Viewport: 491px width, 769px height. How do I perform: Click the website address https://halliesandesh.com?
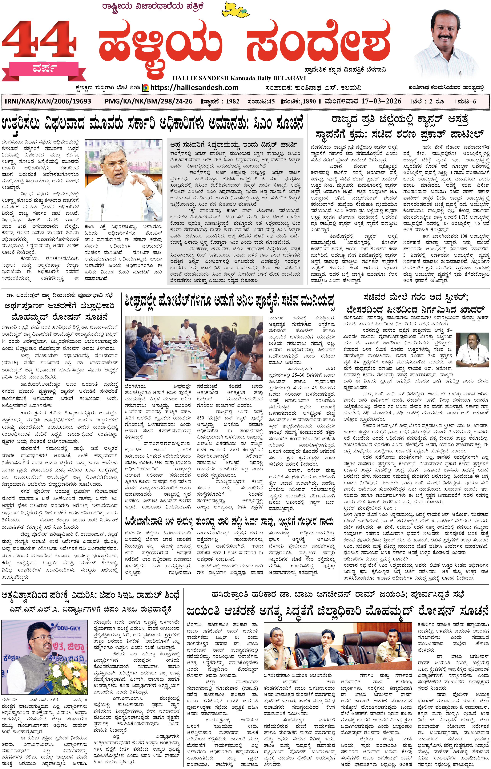[194, 87]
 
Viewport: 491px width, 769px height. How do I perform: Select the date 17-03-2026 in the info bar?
[381, 101]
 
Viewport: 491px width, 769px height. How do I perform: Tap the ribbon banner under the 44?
[44, 69]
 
